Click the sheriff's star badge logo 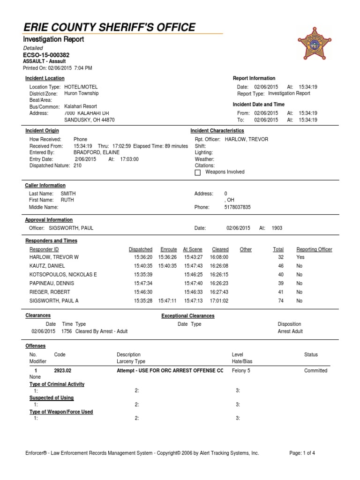click(315, 43)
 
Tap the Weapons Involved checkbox click(197, 172)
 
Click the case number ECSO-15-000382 click(46, 55)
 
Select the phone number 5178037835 click(238, 207)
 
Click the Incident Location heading click(45, 78)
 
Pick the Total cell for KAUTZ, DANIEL click(281, 266)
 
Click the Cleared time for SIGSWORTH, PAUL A click(220, 300)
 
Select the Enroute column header click(168, 249)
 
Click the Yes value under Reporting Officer click(300, 257)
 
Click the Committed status click(315, 370)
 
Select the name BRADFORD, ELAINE click(97, 152)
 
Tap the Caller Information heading click(45, 186)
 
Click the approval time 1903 click(277, 228)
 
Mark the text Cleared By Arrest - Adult click(101, 331)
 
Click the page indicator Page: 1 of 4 click(302, 453)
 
